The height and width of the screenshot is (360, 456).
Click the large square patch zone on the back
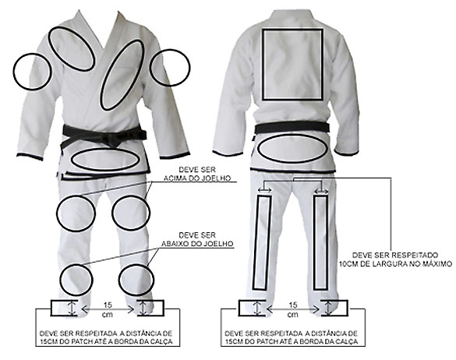(x=263, y=64)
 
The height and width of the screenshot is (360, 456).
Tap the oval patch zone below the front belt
(x=72, y=160)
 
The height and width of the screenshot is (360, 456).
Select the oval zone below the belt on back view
(x=258, y=148)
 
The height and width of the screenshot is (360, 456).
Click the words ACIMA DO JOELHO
(x=197, y=178)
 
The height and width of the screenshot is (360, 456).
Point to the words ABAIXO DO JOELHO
(x=197, y=243)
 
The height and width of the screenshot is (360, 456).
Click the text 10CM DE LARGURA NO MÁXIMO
(x=395, y=264)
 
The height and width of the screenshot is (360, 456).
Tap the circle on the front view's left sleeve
(x=14, y=72)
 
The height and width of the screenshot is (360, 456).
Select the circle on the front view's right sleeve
(x=150, y=68)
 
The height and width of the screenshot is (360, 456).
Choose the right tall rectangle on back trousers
(x=313, y=243)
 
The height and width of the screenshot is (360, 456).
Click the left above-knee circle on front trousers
(x=57, y=214)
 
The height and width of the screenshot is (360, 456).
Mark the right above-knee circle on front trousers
(x=112, y=213)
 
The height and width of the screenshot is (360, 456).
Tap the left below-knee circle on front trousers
(x=60, y=281)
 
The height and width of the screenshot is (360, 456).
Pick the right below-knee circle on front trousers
(x=119, y=280)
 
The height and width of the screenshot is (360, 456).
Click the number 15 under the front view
(x=108, y=305)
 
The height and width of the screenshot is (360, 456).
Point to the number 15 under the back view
(x=293, y=305)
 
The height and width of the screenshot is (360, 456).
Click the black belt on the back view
(x=292, y=127)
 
